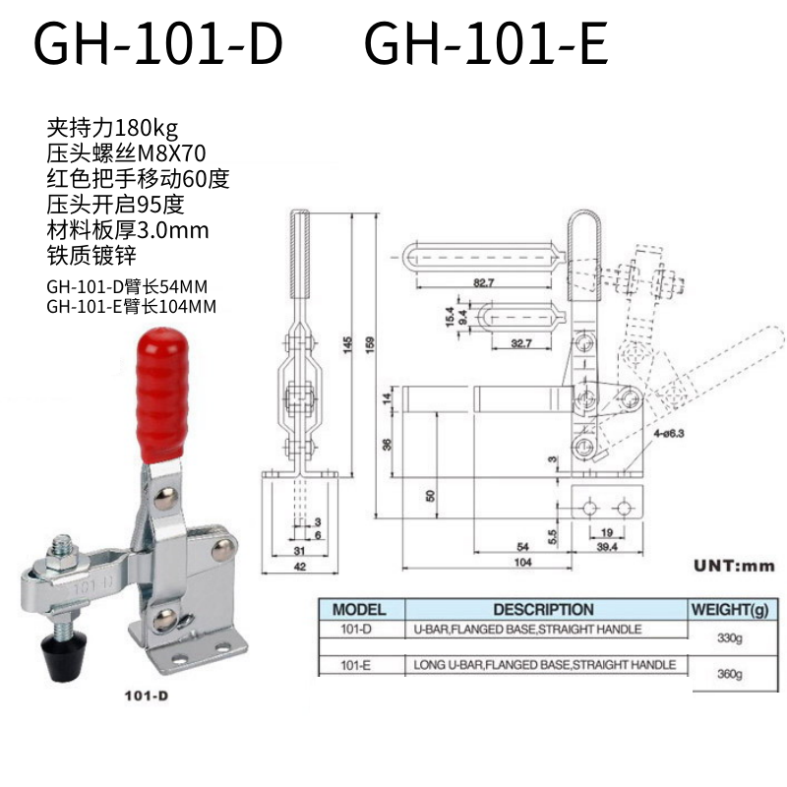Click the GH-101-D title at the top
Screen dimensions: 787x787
(158, 43)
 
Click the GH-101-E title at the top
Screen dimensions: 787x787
(486, 43)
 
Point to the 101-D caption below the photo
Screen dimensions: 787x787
(146, 696)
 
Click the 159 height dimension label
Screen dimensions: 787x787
(370, 345)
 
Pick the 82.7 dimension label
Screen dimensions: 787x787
(483, 282)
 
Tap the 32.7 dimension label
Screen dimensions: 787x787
(521, 343)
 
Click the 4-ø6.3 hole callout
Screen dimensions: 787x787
(669, 433)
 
